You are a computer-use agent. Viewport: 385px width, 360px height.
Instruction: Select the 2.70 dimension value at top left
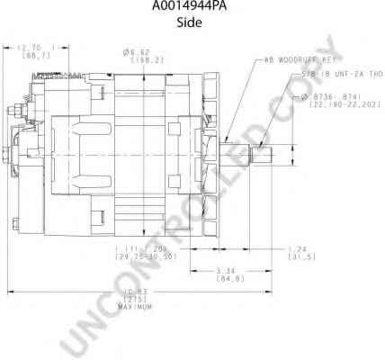[35, 46]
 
